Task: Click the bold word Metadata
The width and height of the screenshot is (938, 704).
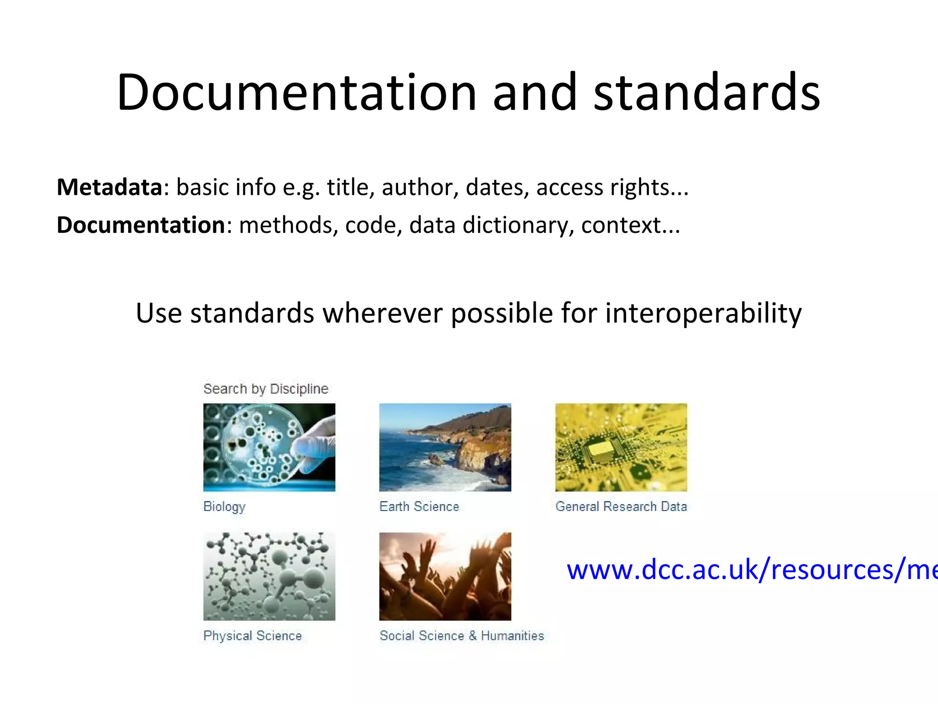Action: (x=109, y=187)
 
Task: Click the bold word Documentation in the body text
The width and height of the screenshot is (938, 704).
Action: (x=141, y=225)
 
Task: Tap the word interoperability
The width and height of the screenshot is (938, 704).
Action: (x=703, y=313)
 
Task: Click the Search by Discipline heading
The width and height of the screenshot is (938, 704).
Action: (x=266, y=389)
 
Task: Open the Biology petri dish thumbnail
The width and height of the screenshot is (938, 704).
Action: (x=269, y=447)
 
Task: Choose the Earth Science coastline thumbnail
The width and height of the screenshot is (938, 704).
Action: (x=445, y=447)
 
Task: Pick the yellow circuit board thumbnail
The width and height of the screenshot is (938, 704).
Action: (x=621, y=447)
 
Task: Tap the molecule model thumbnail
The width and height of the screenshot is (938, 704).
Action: (x=269, y=576)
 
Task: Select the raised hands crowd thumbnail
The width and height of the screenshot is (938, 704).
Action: (x=445, y=576)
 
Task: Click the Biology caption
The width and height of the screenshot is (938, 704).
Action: (x=224, y=506)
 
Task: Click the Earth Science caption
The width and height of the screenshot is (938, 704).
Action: (x=419, y=506)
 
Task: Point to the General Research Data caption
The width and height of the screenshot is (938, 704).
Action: (x=621, y=506)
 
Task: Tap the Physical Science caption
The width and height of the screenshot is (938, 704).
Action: (x=252, y=636)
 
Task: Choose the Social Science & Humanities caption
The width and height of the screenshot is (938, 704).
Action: (x=462, y=636)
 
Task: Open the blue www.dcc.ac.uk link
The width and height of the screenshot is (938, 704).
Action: (x=751, y=570)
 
